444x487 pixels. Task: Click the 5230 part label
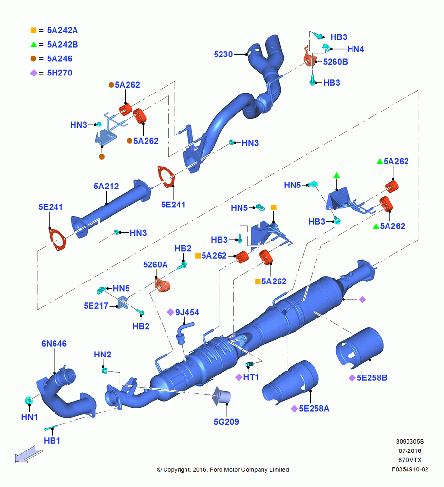point(223,55)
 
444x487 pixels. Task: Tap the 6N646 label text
point(54,343)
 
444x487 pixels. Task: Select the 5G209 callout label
point(226,422)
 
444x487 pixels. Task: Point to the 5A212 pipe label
point(106,186)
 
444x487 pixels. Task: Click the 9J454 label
point(187,312)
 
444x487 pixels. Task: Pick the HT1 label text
point(251,377)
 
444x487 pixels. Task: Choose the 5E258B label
point(372,378)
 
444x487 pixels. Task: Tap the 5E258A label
point(314,409)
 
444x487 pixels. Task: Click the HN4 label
point(355,49)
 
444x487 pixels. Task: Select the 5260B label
point(335,62)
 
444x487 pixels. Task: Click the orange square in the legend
point(33,30)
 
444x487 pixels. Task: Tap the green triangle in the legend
point(33,44)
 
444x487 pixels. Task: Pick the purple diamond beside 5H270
point(34,73)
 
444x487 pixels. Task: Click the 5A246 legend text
point(59,59)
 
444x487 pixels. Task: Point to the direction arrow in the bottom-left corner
point(29,454)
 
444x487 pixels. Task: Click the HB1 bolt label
point(52,441)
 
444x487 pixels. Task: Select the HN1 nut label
point(29,417)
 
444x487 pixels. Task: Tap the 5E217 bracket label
point(96,306)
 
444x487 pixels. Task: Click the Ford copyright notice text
point(223,469)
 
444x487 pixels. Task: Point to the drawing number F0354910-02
point(410,469)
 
